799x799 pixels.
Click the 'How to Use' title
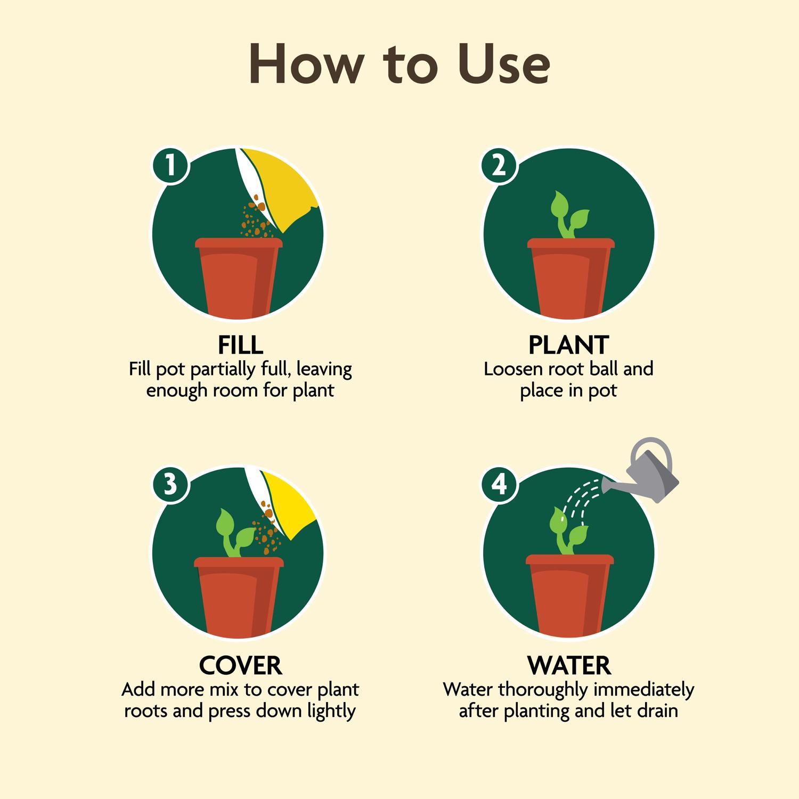(x=399, y=63)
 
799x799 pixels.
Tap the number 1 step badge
(x=170, y=165)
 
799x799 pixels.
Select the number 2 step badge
(x=499, y=165)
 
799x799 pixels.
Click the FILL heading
(x=240, y=345)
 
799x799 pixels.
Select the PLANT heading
(x=568, y=345)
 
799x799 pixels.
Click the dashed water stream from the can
(x=581, y=498)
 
